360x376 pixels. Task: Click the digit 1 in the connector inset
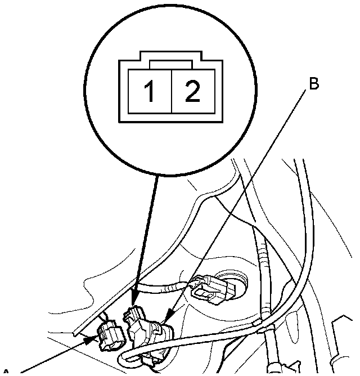150,92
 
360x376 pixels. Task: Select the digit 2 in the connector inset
192,92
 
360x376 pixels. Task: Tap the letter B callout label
314,84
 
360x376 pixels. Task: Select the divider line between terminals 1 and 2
170,92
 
